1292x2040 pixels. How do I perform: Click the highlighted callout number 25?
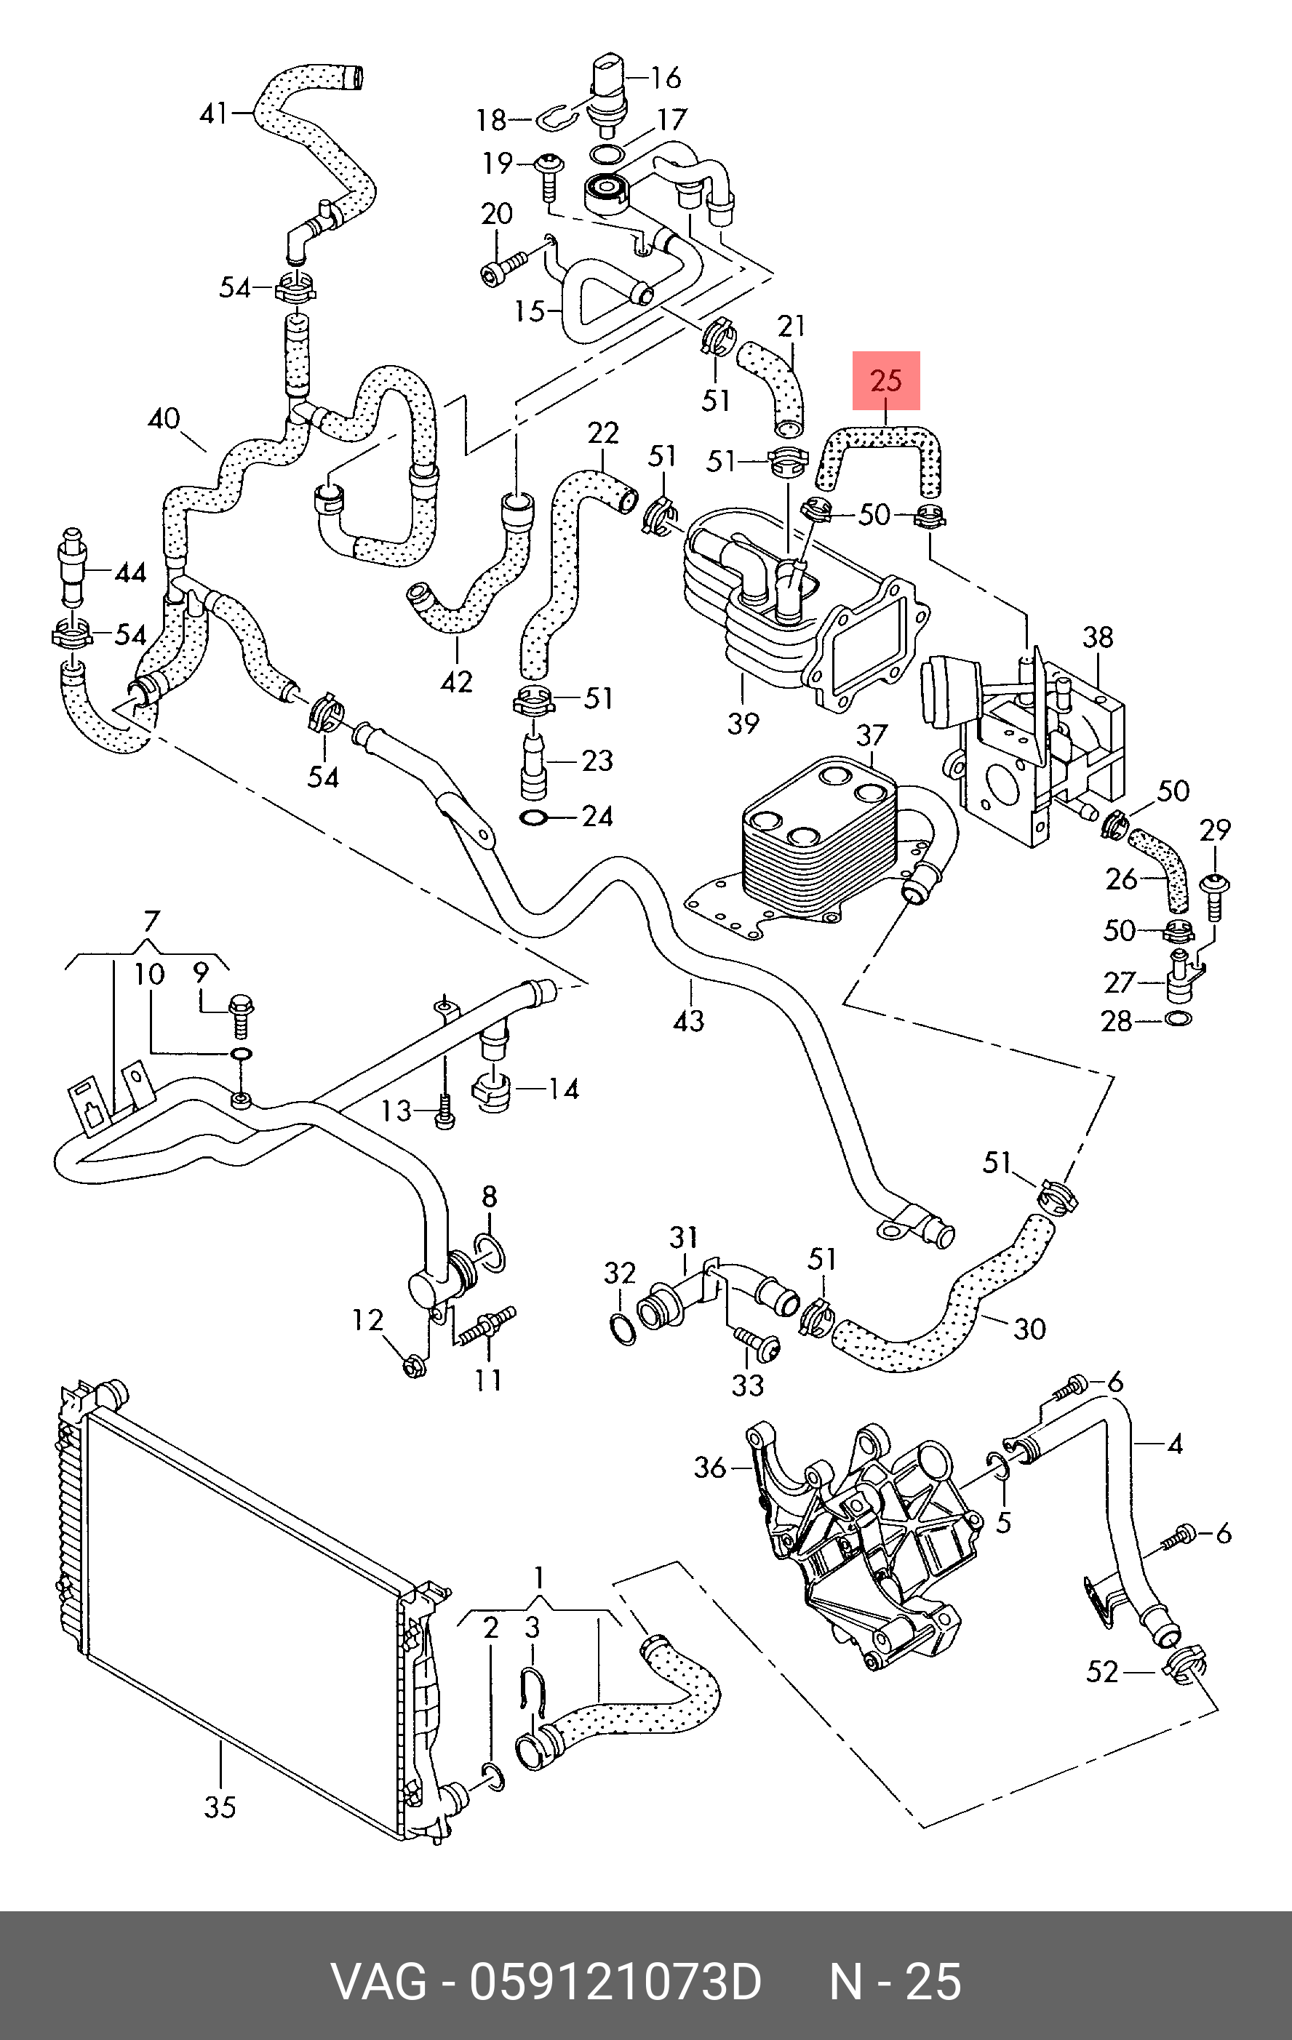click(886, 380)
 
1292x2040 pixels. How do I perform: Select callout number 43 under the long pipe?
click(688, 1020)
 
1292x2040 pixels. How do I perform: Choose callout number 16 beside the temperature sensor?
click(665, 78)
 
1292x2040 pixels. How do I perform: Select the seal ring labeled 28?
click(1179, 1017)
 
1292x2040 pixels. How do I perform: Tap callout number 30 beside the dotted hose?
click(1029, 1327)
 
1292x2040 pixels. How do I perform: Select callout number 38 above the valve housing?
click(1098, 637)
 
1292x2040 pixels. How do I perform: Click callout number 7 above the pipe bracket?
click(150, 921)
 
